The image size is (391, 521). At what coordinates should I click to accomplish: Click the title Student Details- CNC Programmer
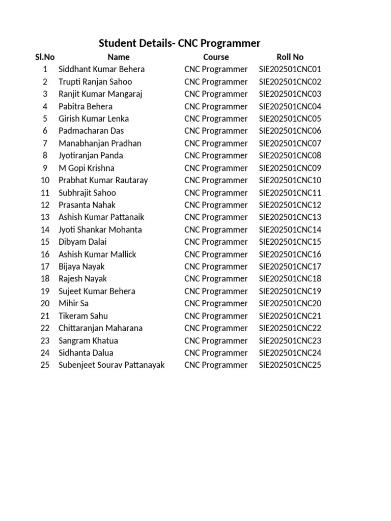(179, 43)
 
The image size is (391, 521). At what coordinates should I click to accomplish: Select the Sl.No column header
(45, 57)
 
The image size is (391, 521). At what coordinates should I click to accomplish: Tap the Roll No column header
(290, 57)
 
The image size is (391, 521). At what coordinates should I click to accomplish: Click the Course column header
(216, 57)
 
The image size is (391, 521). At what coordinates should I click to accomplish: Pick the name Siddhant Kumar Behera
(101, 69)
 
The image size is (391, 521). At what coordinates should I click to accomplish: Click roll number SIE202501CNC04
(290, 106)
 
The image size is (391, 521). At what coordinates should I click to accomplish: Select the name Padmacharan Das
(91, 131)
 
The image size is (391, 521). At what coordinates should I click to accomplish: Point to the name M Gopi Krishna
(87, 168)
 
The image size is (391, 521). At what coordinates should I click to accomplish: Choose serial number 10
(45, 180)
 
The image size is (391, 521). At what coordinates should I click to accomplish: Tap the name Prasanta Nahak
(87, 205)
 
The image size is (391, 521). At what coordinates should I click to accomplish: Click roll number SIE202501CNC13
(290, 217)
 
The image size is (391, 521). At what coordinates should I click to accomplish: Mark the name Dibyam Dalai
(82, 242)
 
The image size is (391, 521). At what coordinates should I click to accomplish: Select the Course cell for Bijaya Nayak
(216, 267)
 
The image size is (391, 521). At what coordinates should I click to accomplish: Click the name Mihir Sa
(73, 303)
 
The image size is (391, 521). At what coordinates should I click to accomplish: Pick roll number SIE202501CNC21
(290, 316)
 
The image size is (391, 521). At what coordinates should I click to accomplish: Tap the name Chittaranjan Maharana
(100, 328)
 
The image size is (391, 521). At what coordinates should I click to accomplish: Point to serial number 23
(45, 340)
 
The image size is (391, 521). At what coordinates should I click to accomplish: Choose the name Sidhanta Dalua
(86, 353)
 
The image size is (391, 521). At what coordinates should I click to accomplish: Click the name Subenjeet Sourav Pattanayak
(111, 365)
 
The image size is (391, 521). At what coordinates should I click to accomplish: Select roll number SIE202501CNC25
(290, 365)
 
